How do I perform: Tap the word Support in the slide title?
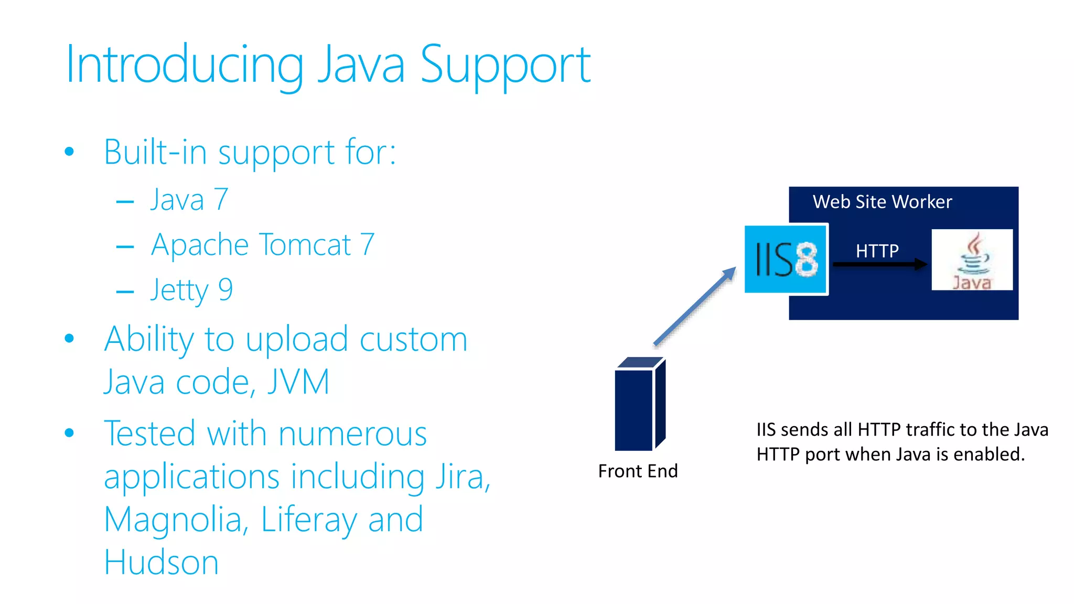(x=506, y=65)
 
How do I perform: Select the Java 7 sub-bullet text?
(x=189, y=200)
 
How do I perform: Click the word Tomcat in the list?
(x=305, y=245)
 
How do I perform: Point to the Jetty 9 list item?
(x=191, y=290)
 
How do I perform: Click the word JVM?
(x=298, y=382)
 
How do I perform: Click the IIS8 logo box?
(x=786, y=259)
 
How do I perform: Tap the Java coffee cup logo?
(x=972, y=259)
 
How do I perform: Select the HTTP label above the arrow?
(x=877, y=251)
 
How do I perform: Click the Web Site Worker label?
(x=882, y=202)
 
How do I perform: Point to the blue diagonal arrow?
(x=695, y=307)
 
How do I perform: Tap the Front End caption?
(x=638, y=471)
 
